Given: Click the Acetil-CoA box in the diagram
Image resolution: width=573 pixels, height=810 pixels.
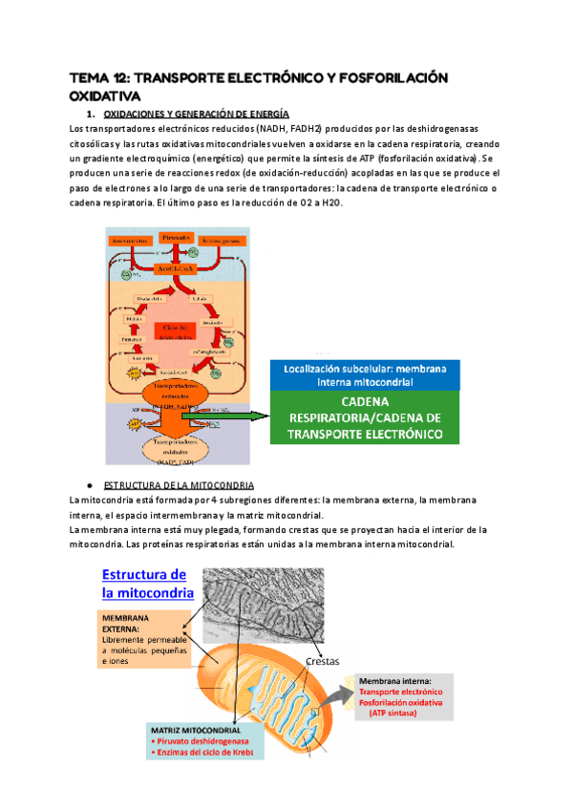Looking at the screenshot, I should [x=174, y=270].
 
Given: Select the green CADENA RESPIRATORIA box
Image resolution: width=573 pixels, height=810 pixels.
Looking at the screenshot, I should [x=365, y=418].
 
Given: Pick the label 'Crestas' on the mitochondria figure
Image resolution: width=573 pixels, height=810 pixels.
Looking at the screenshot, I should [x=324, y=661].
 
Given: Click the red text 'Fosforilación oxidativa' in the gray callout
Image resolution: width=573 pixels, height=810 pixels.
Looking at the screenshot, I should [x=401, y=702].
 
